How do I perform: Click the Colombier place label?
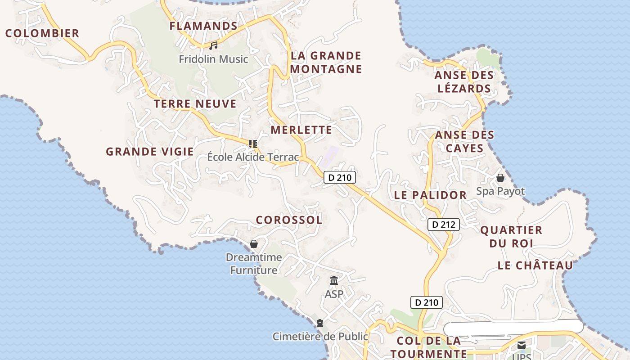click(42, 33)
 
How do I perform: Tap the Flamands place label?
click(203, 26)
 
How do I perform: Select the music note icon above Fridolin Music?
click(213, 45)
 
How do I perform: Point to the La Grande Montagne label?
click(326, 62)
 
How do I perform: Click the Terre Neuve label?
click(195, 104)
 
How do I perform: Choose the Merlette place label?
click(301, 130)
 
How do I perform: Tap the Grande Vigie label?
click(149, 152)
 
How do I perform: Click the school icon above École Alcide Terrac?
click(253, 144)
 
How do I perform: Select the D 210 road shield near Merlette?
click(340, 177)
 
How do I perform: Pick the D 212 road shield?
click(443, 224)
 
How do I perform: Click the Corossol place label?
click(289, 220)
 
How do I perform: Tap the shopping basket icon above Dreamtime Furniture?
click(254, 244)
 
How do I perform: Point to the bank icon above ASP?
click(334, 281)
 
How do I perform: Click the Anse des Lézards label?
click(464, 81)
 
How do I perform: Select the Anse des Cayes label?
click(464, 141)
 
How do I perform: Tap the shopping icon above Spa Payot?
click(500, 178)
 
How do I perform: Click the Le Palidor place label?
click(430, 195)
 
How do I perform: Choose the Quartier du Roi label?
click(511, 237)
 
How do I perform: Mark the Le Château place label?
click(535, 265)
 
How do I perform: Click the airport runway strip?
click(513, 327)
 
